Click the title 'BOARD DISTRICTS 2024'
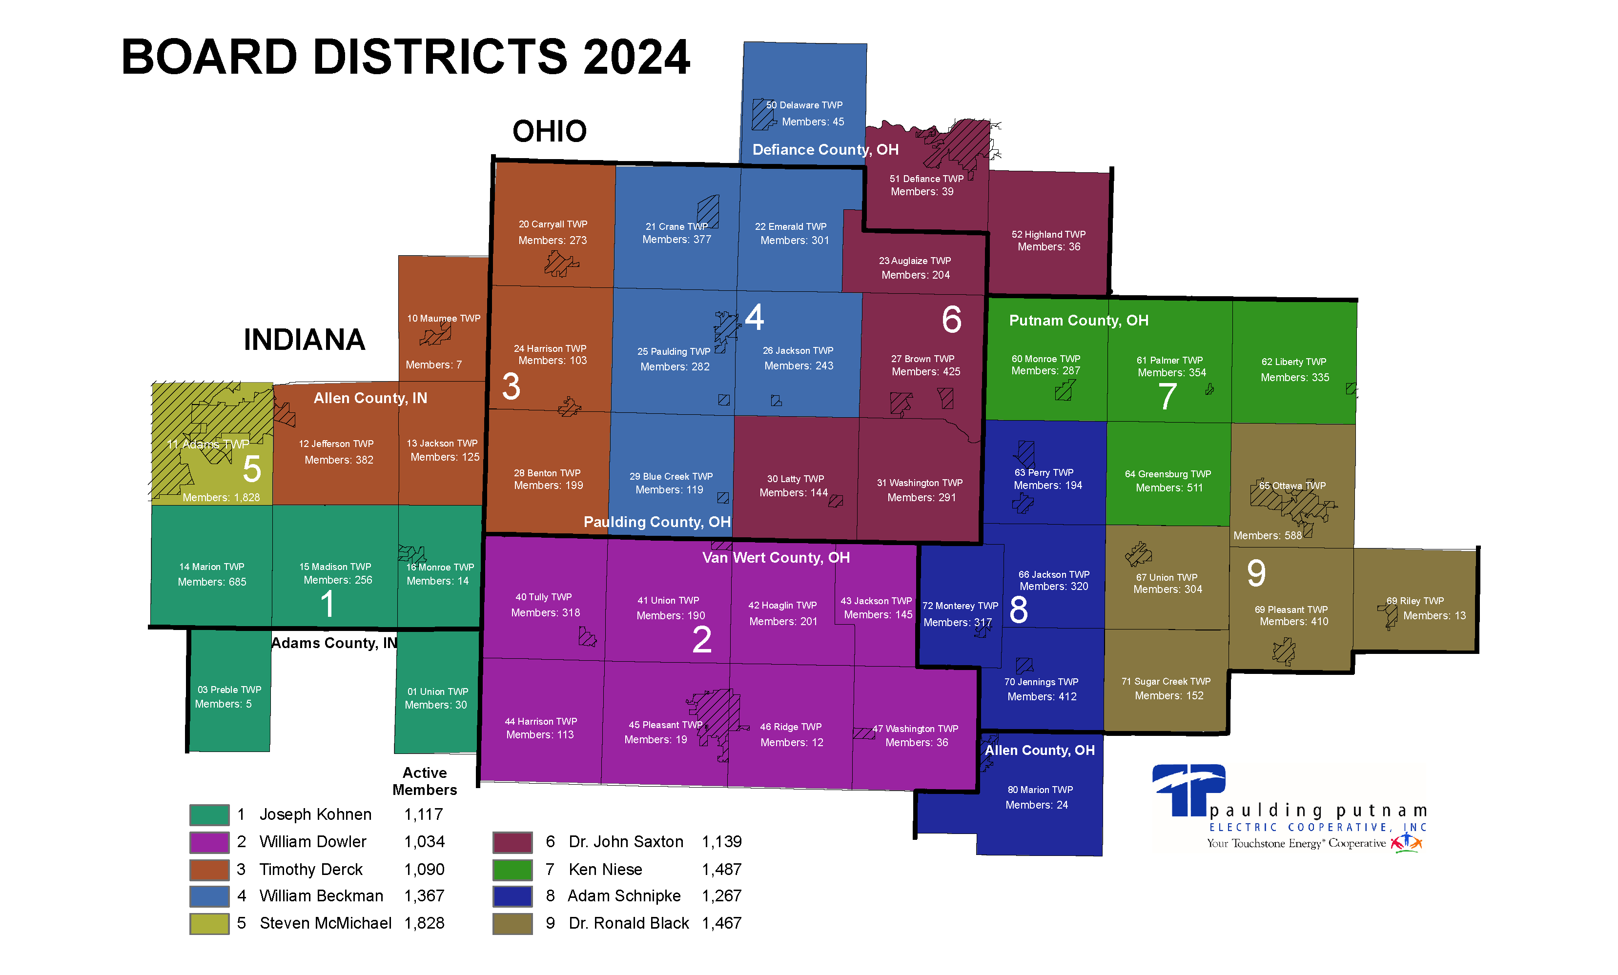tap(405, 57)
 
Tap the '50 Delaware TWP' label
tap(804, 105)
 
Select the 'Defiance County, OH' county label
tap(825, 150)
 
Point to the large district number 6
tap(951, 320)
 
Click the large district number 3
tap(511, 386)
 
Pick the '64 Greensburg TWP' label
tap(1167, 474)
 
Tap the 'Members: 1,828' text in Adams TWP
tap(221, 498)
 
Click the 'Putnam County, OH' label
tap(1078, 321)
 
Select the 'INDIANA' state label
tap(304, 340)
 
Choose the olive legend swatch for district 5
tap(209, 923)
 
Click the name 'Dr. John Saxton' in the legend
tap(626, 842)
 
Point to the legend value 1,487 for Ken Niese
tap(721, 869)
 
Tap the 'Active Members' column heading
tap(424, 781)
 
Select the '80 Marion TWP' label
tap(1040, 790)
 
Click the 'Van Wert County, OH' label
tap(776, 557)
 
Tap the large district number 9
tap(1256, 573)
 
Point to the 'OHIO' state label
tap(549, 131)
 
